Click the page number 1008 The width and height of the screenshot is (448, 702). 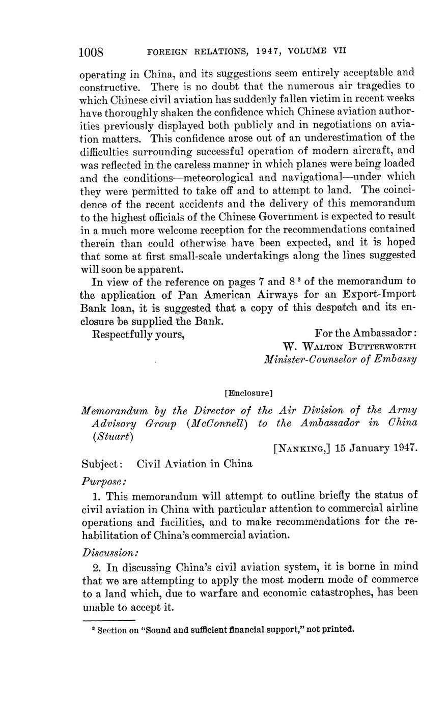[92, 51]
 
